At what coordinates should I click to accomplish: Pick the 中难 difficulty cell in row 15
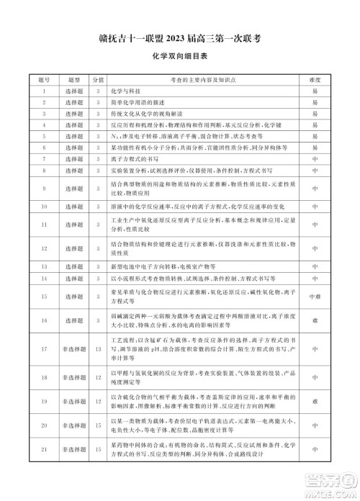click(x=314, y=295)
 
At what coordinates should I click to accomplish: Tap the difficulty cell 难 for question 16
click(x=314, y=320)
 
